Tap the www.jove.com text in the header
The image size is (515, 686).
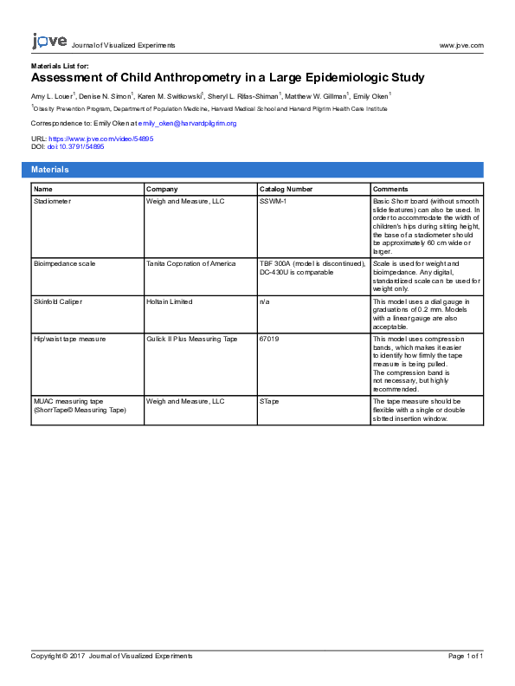pyautogui.click(x=461, y=45)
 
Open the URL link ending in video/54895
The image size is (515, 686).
pyautogui.click(x=101, y=139)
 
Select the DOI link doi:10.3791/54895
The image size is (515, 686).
pyautogui.click(x=75, y=146)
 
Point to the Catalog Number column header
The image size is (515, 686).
pyautogui.click(x=286, y=189)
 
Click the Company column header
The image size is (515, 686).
pyautogui.click(x=162, y=189)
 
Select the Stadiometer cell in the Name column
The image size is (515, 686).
pyautogui.click(x=54, y=201)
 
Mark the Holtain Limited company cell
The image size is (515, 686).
pyautogui.click(x=170, y=301)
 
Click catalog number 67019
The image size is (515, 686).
pyautogui.click(x=269, y=339)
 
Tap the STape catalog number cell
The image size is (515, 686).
pyautogui.click(x=269, y=402)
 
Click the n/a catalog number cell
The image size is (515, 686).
pyautogui.click(x=264, y=301)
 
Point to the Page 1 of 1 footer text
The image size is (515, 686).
pyautogui.click(x=466, y=657)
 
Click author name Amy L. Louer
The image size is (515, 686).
pyautogui.click(x=51, y=95)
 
